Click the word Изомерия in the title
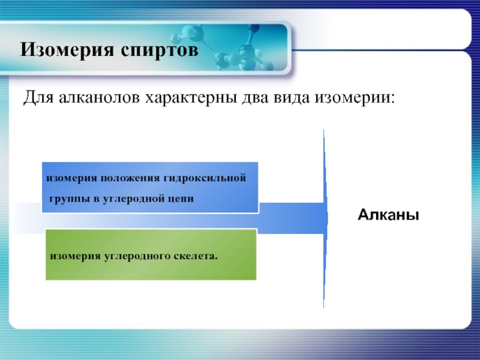click(x=67, y=50)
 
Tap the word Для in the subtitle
click(x=38, y=98)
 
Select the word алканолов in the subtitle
click(x=99, y=98)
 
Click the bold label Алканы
click(x=388, y=215)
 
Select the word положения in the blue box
click(x=130, y=178)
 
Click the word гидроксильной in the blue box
click(x=205, y=178)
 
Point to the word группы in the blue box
click(x=69, y=199)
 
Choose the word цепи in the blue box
click(x=181, y=199)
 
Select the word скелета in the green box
click(x=196, y=256)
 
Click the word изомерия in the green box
click(x=75, y=256)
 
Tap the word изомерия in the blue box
click(x=71, y=178)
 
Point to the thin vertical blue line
click(x=324, y=218)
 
